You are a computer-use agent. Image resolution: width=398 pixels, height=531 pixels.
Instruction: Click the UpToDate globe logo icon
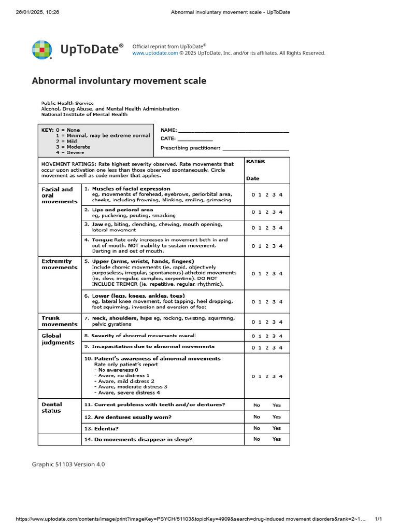click(x=42, y=50)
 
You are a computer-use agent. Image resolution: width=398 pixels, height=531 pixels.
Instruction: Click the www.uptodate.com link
click(x=155, y=53)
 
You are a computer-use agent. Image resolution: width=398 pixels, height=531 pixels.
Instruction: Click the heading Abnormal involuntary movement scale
click(x=119, y=81)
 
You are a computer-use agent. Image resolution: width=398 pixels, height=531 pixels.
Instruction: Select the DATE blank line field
click(x=195, y=139)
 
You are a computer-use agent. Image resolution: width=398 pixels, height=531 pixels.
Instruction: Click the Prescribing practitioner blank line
click(x=255, y=148)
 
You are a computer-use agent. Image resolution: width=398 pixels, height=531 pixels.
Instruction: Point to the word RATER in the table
click(x=255, y=161)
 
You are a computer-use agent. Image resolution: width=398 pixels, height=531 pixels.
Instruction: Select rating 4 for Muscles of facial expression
click(x=281, y=195)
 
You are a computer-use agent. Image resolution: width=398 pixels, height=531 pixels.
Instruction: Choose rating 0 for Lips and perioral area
click(x=253, y=212)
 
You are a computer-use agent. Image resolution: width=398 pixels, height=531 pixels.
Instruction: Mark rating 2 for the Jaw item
click(x=267, y=228)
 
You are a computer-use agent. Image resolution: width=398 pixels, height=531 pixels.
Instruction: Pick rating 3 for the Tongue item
click(x=274, y=246)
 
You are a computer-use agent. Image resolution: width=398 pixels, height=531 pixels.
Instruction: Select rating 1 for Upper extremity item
click(x=260, y=274)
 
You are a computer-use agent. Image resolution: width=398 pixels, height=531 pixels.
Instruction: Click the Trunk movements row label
click(x=59, y=321)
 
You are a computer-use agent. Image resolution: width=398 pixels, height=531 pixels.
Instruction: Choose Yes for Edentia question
click(x=277, y=428)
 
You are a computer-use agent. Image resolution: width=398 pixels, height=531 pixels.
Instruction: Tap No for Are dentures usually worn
click(x=257, y=417)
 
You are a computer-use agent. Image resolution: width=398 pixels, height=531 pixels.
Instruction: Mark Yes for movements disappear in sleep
click(x=277, y=439)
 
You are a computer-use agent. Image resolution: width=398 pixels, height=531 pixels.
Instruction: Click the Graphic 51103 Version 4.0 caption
click(x=68, y=464)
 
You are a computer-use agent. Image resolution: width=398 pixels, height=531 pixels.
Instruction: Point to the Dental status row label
click(x=52, y=408)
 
